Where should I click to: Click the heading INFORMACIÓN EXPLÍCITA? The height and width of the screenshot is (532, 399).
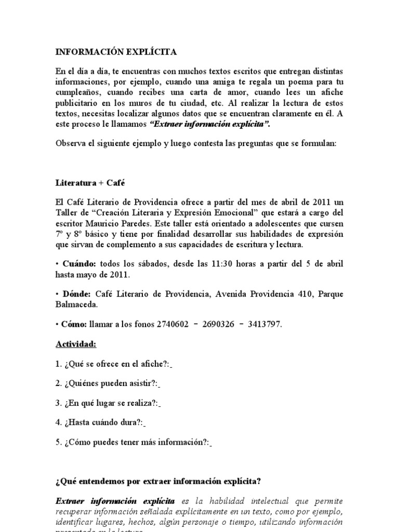[116, 52]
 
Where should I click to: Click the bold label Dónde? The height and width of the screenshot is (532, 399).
[77, 294]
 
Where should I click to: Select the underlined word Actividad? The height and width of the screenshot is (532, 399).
[76, 344]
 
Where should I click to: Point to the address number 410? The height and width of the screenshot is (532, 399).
[299, 294]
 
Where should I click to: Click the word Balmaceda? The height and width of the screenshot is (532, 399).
[76, 304]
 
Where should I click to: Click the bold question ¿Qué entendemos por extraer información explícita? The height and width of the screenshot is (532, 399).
[158, 482]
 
